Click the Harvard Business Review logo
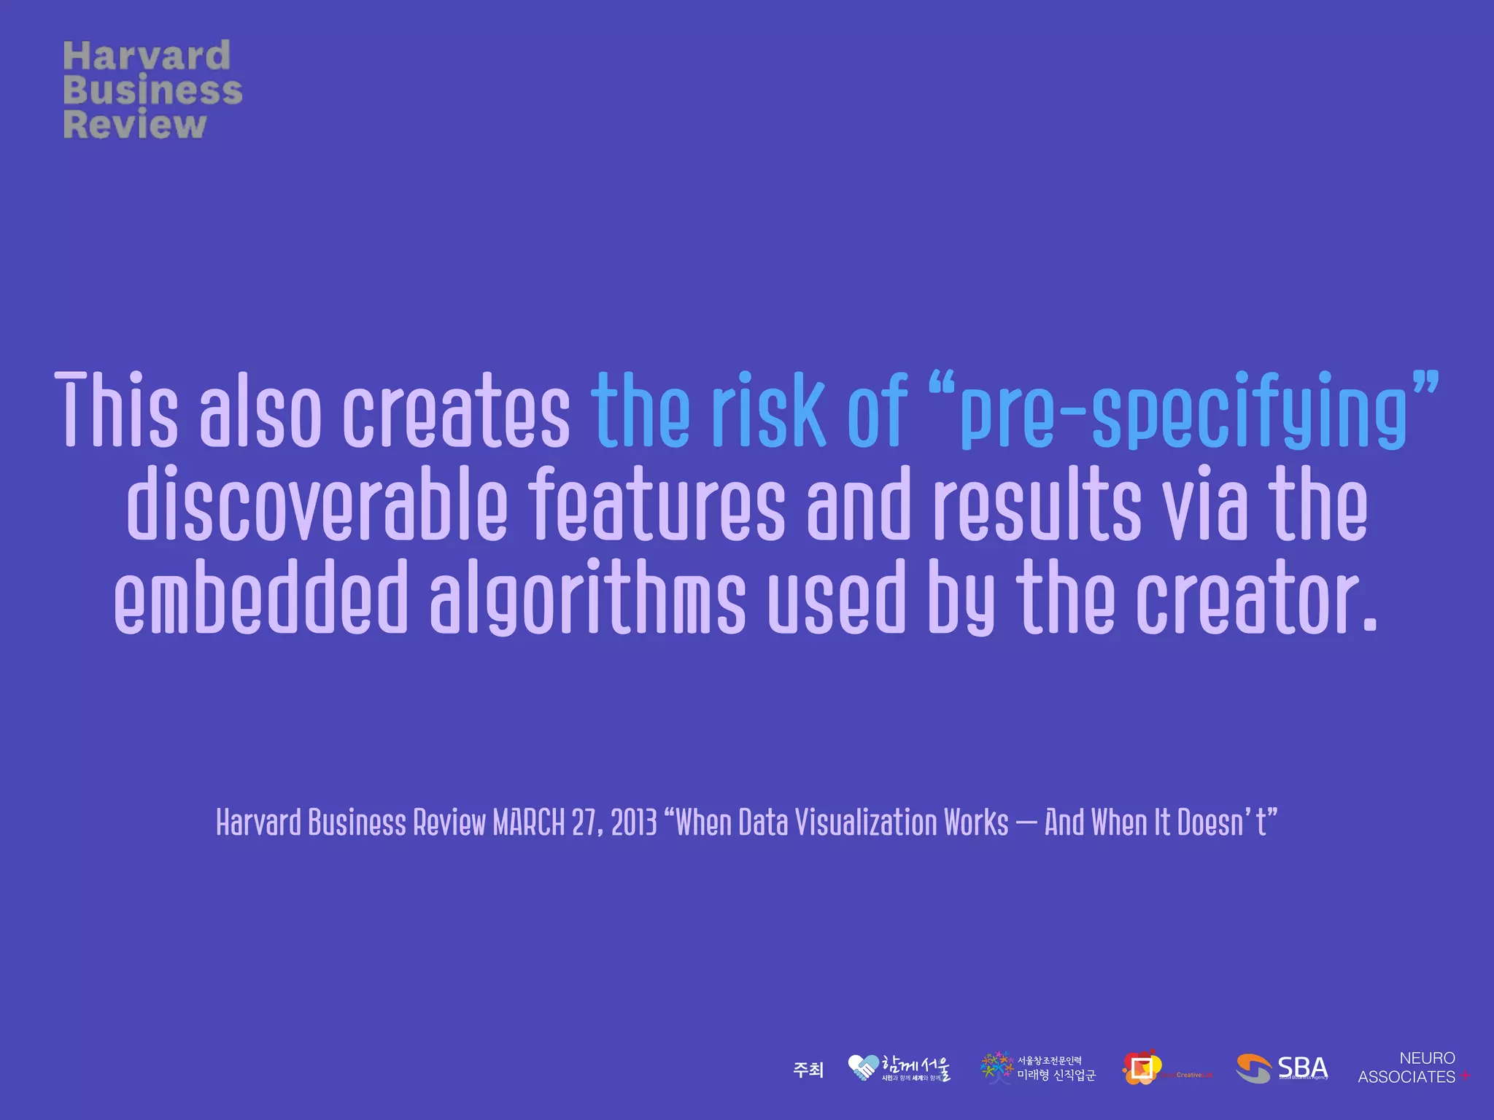(152, 89)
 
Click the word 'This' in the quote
(117, 410)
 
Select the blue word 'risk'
(768, 410)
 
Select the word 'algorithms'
(588, 598)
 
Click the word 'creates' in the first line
(457, 410)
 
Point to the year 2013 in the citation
(634, 822)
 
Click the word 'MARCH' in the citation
(528, 822)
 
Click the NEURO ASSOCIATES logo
(1412, 1067)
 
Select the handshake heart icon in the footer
(862, 1068)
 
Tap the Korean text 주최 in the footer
(808, 1070)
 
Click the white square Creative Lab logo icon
(1142, 1068)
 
